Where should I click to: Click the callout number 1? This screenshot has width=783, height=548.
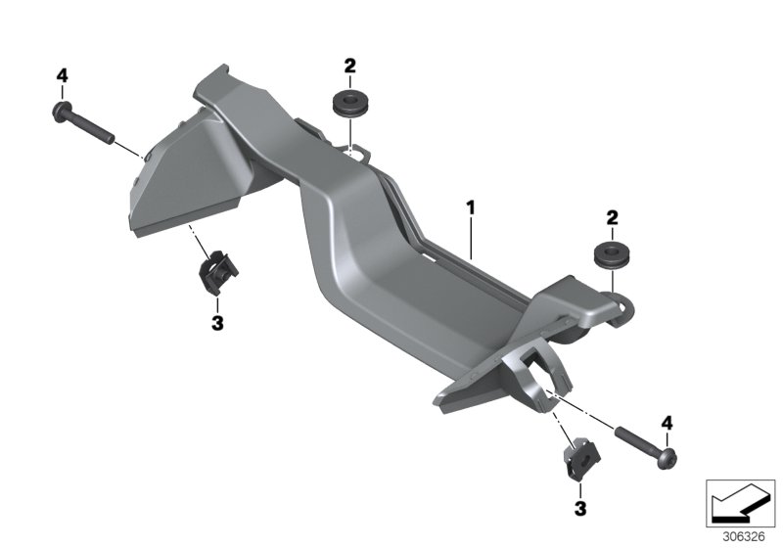click(x=471, y=207)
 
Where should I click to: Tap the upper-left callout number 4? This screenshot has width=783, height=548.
click(x=62, y=76)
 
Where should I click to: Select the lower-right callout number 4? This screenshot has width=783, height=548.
click(x=668, y=424)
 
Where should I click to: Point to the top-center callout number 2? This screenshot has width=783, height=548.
click(x=349, y=66)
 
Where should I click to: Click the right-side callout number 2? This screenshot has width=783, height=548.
click(x=612, y=217)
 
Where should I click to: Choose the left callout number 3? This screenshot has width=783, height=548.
click(x=217, y=323)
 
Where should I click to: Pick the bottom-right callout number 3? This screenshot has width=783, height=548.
click(x=579, y=509)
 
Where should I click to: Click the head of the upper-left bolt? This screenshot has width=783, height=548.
click(x=61, y=112)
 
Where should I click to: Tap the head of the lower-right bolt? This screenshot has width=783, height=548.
click(x=667, y=459)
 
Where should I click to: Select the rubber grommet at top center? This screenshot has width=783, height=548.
click(x=349, y=104)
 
